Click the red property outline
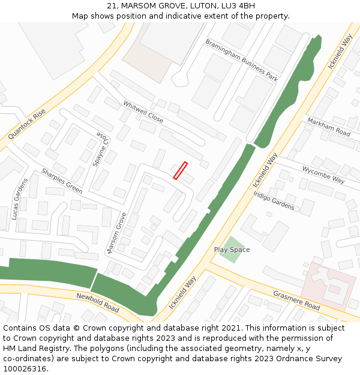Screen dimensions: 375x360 (x=181, y=170)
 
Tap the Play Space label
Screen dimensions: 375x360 (x=232, y=250)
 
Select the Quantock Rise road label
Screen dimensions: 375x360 (x=27, y=124)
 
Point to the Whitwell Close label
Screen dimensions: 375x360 (x=143, y=112)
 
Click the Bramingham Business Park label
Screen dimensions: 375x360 (x=241, y=60)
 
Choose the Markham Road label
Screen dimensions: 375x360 (x=328, y=127)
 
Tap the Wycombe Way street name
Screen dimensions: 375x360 (x=323, y=175)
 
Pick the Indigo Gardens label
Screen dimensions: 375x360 (x=274, y=200)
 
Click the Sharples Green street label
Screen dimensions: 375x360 (x=62, y=181)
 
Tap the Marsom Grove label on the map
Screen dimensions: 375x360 (x=116, y=232)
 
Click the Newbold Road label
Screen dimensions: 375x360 (x=98, y=302)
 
